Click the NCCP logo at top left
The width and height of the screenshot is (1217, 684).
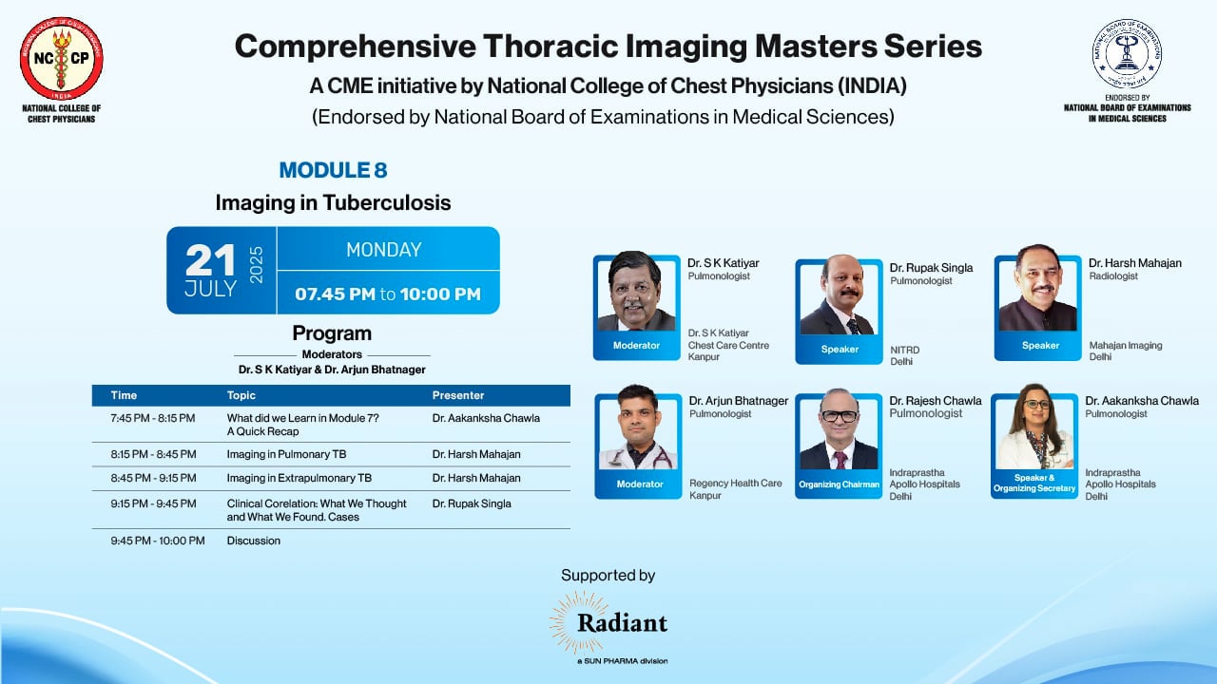tap(62, 58)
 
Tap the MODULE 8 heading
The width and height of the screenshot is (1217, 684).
tap(333, 171)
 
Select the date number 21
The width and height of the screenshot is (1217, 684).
tap(210, 260)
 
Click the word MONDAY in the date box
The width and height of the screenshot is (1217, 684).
tap(383, 250)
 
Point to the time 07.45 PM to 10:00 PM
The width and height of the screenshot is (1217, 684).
tap(387, 294)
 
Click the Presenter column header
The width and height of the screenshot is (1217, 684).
tap(458, 395)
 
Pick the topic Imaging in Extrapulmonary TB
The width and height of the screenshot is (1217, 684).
tap(299, 478)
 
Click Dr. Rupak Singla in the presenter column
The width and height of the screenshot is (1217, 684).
tap(472, 503)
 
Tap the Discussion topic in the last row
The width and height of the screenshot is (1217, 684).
tap(254, 541)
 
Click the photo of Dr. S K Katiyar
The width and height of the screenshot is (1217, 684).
tap(635, 292)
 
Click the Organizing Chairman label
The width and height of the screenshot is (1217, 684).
tap(840, 484)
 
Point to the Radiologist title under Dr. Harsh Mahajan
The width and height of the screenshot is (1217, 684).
tap(1113, 276)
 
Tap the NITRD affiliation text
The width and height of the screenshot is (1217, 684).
tap(904, 351)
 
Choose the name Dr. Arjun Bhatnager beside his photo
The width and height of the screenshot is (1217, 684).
tap(738, 401)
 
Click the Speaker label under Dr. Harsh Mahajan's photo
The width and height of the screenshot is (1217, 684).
tap(1040, 346)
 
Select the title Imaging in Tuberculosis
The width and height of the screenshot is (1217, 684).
tap(333, 202)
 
